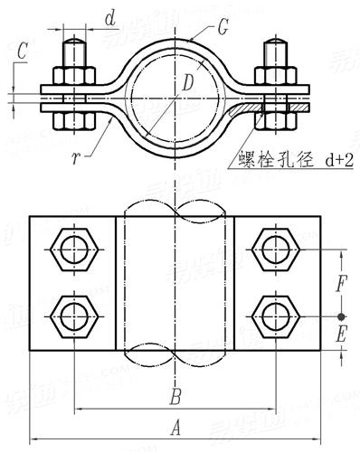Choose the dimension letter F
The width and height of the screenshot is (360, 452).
tap(341, 284)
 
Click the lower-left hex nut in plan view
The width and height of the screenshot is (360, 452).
tap(71, 315)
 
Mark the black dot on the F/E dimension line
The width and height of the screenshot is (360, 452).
tap(341, 316)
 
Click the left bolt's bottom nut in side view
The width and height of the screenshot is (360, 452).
tap(72, 118)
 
